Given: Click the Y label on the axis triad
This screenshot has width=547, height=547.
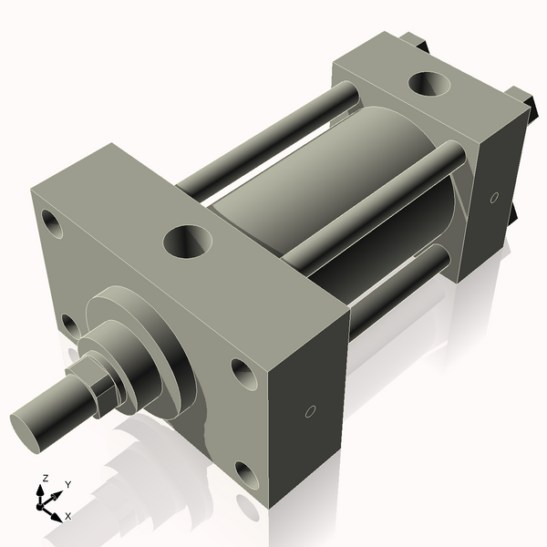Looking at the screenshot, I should [x=67, y=485].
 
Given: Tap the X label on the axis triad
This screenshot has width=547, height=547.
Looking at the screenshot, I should [x=67, y=516].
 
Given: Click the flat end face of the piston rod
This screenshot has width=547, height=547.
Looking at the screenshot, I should [x=30, y=429].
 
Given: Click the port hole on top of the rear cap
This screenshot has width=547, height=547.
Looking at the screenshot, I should [x=428, y=85].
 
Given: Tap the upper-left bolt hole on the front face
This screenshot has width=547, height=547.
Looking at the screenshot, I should [x=51, y=222].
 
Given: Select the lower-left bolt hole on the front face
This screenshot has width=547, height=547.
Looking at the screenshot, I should [x=68, y=324].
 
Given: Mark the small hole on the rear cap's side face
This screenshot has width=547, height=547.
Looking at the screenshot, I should [x=494, y=197].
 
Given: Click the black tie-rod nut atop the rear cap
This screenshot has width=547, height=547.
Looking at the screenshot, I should [x=415, y=41].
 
